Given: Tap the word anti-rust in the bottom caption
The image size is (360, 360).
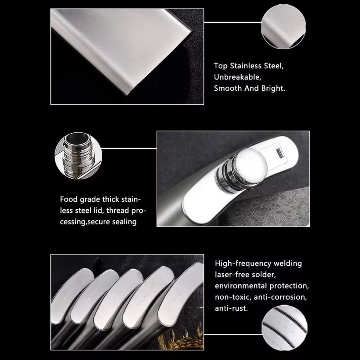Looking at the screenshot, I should [231, 309].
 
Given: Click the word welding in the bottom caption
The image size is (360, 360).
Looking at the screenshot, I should [288, 264].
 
